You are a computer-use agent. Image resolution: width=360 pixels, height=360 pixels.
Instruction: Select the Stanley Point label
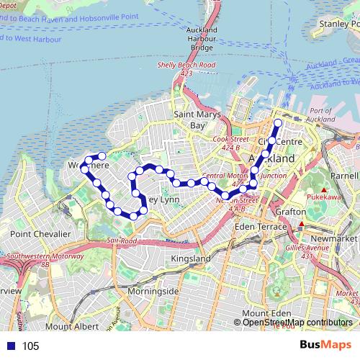click(x=338, y=24)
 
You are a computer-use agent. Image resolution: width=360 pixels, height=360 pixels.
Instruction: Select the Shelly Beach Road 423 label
click(x=186, y=68)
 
